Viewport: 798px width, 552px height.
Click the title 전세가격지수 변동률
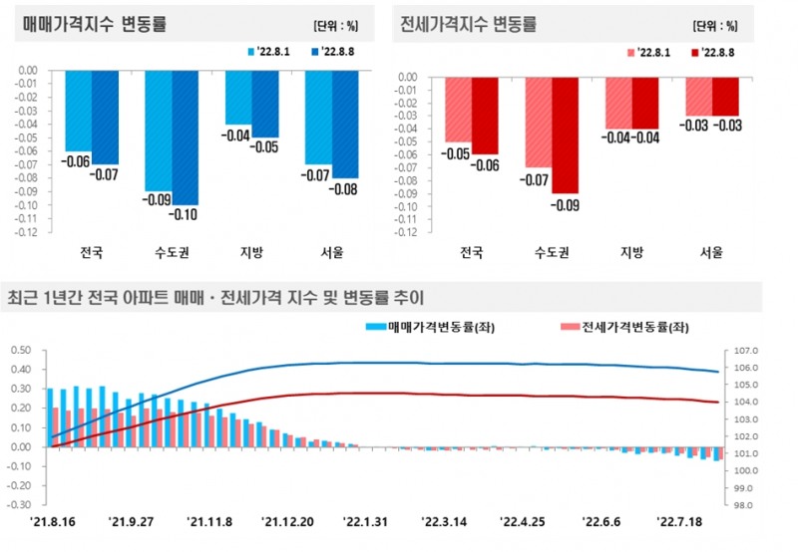pyautogui.click(x=467, y=22)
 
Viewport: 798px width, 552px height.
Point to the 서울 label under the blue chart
pyautogui.click(x=331, y=253)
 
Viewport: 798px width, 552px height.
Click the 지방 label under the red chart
pyautogui.click(x=631, y=253)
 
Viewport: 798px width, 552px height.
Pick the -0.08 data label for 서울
pyautogui.click(x=346, y=188)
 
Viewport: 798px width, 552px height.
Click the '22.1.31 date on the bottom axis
pyautogui.click(x=366, y=521)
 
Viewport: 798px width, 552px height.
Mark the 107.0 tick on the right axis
pyautogui.click(x=747, y=351)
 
